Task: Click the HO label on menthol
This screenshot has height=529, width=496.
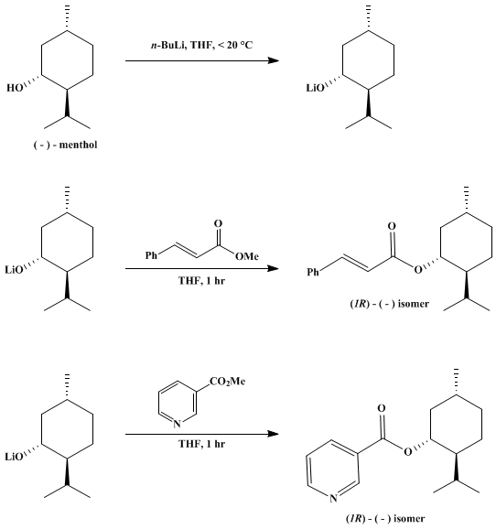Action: [15, 88]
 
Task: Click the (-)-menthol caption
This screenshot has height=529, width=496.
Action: [66, 145]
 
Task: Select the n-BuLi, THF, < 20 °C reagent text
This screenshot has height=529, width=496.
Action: [201, 45]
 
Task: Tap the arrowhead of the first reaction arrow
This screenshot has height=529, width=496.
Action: [273, 60]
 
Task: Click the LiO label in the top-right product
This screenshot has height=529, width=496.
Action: [315, 88]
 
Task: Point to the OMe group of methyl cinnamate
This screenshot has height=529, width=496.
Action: [247, 257]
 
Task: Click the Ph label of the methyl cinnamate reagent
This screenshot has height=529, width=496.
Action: [152, 255]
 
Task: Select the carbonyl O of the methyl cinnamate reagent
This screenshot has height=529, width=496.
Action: [219, 223]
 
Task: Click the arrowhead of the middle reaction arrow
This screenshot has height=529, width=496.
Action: [273, 268]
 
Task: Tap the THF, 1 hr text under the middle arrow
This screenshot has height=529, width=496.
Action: [201, 281]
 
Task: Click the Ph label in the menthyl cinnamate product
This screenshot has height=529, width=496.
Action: [313, 272]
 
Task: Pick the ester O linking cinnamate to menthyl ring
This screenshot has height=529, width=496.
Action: [418, 270]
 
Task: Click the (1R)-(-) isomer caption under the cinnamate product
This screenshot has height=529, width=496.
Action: [389, 304]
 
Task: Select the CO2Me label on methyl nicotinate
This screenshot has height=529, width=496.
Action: [228, 382]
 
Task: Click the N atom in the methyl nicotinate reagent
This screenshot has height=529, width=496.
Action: [177, 424]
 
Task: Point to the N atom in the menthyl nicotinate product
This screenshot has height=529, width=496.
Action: [333, 498]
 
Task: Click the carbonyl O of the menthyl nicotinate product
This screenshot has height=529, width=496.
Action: [382, 408]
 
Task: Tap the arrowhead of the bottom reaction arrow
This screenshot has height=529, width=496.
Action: [273, 434]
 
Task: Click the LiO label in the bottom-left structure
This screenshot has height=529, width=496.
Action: [14, 457]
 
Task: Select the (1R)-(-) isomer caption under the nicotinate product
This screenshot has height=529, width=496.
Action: [385, 518]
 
